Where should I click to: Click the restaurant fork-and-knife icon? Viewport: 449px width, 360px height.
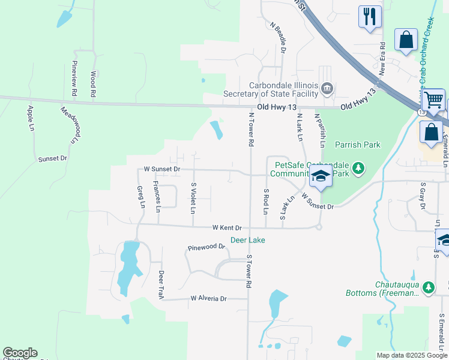pos(369,16)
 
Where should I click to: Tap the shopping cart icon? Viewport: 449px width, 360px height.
pos(433,99)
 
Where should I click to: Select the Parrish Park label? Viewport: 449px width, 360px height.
pos(358,145)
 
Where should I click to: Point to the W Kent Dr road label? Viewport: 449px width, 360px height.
pos(226,228)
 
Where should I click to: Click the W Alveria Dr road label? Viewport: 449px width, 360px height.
pos(209,298)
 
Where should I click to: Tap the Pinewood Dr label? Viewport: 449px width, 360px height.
pos(206,247)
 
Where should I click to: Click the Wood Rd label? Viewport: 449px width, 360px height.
pos(93,85)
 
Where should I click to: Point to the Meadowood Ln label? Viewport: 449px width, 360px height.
pos(70,124)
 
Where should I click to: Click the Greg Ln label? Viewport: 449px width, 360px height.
pos(141,197)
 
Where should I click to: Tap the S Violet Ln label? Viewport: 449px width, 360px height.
pos(193,198)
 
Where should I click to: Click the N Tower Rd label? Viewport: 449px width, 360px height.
pos(252,128)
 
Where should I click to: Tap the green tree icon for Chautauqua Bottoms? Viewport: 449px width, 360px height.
pos(429,289)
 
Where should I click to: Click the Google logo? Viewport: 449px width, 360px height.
pos(20,353)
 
